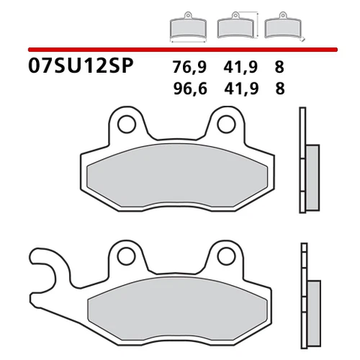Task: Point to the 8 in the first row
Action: click(279, 66)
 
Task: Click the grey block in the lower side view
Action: click(313, 307)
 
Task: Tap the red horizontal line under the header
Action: click(180, 49)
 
